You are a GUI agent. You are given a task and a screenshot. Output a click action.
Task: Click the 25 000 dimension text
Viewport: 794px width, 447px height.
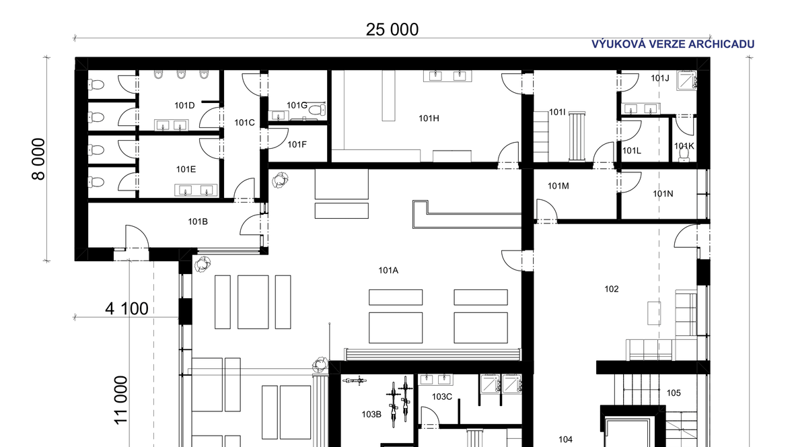(x=392, y=30)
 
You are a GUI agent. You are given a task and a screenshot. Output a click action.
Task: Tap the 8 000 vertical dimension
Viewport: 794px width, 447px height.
(x=39, y=159)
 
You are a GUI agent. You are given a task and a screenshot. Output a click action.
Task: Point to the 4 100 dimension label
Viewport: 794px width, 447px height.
(x=127, y=308)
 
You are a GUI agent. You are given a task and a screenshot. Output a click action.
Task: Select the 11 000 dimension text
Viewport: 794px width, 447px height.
(x=120, y=400)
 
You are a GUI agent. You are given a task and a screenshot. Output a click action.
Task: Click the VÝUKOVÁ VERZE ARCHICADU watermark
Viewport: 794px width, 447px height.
(x=672, y=44)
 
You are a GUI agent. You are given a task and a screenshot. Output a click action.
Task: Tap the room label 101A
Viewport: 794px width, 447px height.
(x=388, y=270)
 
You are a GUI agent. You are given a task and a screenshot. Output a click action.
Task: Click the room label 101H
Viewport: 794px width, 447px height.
(x=429, y=118)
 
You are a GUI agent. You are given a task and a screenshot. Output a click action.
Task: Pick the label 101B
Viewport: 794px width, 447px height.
(x=197, y=221)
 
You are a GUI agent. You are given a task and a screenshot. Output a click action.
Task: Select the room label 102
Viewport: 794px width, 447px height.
(x=611, y=289)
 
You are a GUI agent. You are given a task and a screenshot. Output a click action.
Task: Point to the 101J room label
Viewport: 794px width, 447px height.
(x=660, y=78)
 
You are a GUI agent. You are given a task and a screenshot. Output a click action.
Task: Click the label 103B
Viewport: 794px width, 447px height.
(x=371, y=414)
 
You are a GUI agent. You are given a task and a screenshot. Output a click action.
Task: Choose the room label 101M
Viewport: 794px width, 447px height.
(x=558, y=186)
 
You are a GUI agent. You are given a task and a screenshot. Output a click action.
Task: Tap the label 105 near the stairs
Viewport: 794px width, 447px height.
(x=674, y=392)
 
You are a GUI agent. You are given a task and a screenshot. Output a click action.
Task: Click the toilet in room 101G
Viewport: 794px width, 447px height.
(x=317, y=110)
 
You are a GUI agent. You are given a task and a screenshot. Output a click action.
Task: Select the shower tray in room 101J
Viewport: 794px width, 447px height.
(x=687, y=81)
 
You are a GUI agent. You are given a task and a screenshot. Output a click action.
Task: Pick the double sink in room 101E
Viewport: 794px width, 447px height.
(x=196, y=191)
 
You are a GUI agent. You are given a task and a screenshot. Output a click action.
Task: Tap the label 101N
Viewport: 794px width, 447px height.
(x=663, y=194)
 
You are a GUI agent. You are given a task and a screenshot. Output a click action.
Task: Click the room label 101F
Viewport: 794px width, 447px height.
(x=297, y=145)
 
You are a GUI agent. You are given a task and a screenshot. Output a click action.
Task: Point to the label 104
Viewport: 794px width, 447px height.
(x=565, y=440)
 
